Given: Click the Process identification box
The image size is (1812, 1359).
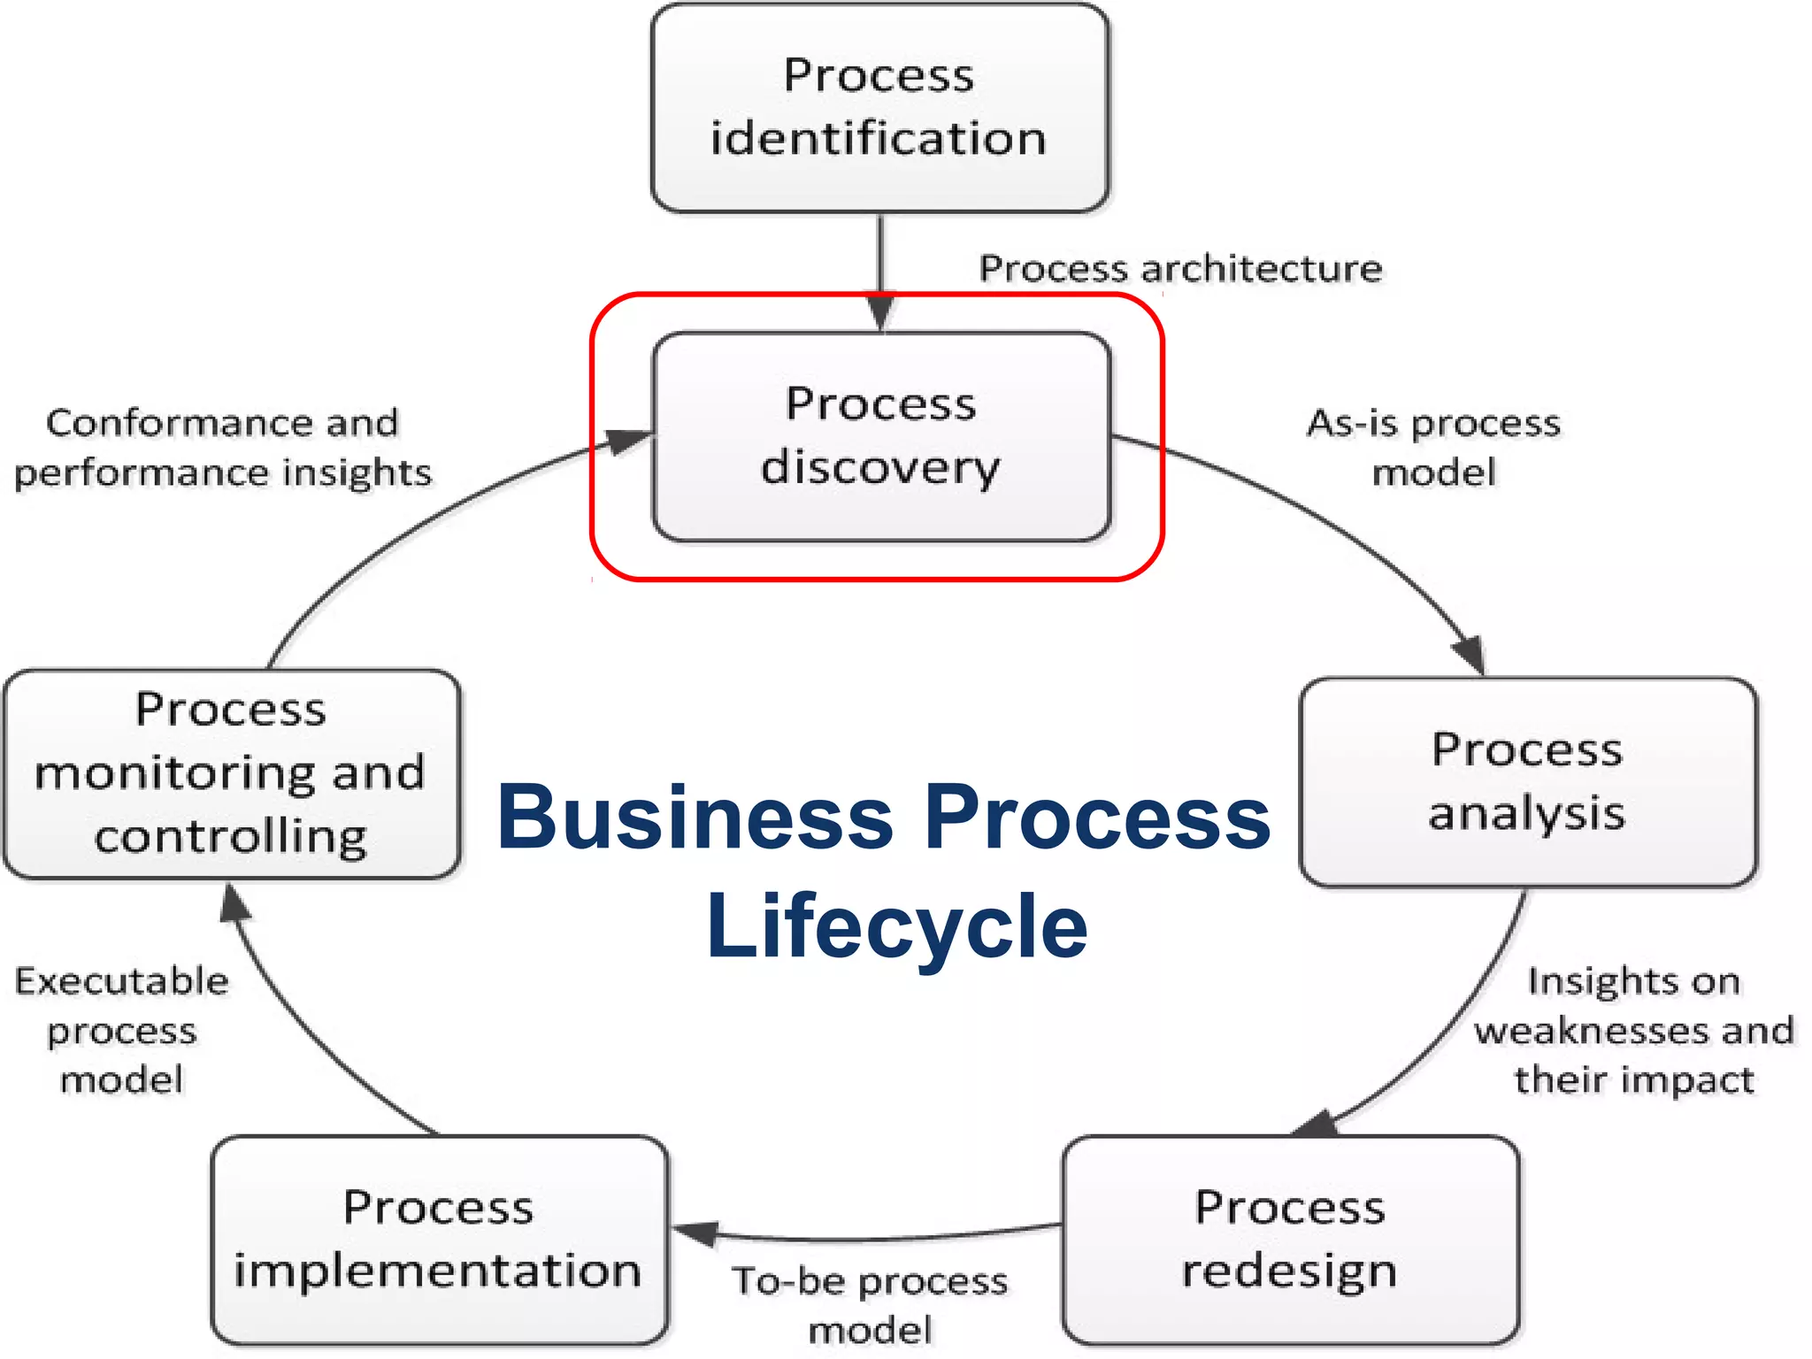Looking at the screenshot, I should pos(879,108).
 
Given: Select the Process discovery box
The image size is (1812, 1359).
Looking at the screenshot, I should pos(881,436).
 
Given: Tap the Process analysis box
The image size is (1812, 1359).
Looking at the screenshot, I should pos(1528,782).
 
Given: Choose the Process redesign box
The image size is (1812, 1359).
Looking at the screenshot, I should pos(1291,1240).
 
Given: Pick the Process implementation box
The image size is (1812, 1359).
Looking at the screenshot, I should pos(439,1240).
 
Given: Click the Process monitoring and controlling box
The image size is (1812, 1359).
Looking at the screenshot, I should pos(232,773).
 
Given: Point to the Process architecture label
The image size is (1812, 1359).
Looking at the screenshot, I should pos(1180,268).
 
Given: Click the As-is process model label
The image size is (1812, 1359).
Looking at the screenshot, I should pos(1434,448).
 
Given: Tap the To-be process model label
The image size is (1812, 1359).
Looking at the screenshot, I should pos(871,1305).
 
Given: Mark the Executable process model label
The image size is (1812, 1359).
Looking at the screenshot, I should pos(122,1031).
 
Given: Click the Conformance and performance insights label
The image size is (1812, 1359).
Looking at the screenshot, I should pos(223,448).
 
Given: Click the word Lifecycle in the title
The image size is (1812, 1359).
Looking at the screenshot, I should pos(896,926).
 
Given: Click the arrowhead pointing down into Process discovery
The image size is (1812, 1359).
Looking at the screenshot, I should pos(880,314).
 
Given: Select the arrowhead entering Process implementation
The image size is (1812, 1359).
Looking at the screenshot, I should pos(695,1232).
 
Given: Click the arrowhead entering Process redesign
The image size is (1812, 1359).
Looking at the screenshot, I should pos(1317,1125).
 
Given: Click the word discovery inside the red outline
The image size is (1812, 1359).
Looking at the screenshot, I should pos(880,467).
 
